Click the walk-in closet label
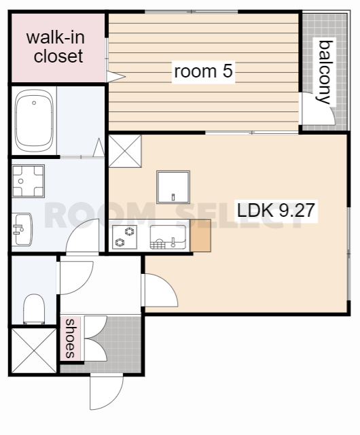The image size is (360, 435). tap(56, 47)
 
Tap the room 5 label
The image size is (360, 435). tap(203, 71)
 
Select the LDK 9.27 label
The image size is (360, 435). tap(276, 210)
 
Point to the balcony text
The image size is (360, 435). tap(325, 72)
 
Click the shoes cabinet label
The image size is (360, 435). tap(70, 338)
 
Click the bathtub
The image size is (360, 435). tap(34, 120)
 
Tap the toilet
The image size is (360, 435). tap(34, 309)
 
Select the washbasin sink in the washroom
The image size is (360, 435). tap(22, 230)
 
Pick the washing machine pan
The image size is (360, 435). tap(29, 181)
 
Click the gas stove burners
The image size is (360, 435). tap(124, 237)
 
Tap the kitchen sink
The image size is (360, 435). tap(168, 237)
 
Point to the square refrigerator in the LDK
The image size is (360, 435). tap(173, 187)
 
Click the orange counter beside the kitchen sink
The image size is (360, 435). tap(200, 236)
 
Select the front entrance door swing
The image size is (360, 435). tap(106, 391)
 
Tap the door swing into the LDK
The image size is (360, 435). tap(161, 290)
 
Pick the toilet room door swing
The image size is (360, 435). tap(77, 278)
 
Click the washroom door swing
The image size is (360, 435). tap(82, 236)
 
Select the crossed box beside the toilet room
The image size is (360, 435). tap(34, 351)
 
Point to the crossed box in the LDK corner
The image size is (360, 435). tap(125, 151)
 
